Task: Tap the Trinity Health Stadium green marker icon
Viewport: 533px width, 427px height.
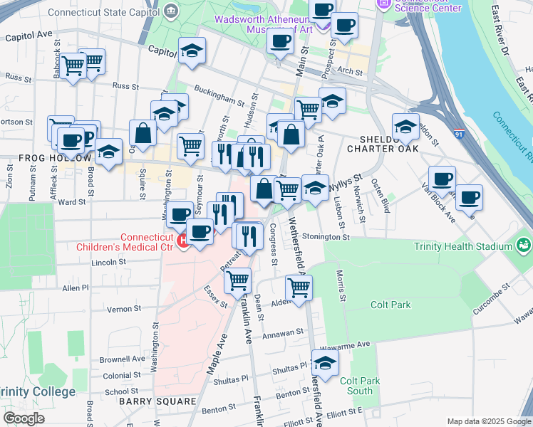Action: [x=524, y=246]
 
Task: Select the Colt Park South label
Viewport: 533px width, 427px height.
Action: [x=360, y=386]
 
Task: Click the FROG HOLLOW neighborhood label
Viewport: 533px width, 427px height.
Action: [x=46, y=157]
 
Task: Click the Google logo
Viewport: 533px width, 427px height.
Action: [x=24, y=418]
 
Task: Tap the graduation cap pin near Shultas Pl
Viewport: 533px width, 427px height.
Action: [x=325, y=364]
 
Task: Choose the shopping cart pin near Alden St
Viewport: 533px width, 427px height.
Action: [x=299, y=288]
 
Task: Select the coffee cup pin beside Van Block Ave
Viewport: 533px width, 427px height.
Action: [x=468, y=197]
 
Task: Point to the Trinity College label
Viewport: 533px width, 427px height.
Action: [x=37, y=392]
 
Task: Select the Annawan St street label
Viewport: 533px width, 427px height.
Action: [x=284, y=332]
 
